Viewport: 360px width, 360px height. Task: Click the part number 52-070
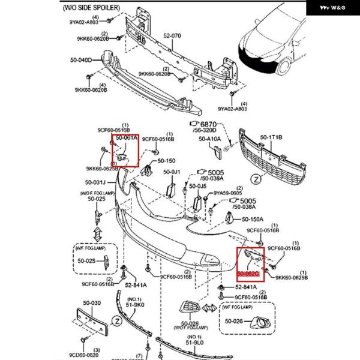coord(173,36)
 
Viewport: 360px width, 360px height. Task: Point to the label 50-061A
coord(127,138)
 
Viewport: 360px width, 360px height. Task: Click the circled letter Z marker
coord(256,179)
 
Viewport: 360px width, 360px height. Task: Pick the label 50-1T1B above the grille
coord(271,137)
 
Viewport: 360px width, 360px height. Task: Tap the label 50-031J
coord(95,182)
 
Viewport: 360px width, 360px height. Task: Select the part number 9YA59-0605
coord(229,193)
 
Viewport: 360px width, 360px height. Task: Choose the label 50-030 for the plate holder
coord(92,303)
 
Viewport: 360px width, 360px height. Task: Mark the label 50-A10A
coord(210,139)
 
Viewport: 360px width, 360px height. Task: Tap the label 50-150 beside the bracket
coord(166,161)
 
